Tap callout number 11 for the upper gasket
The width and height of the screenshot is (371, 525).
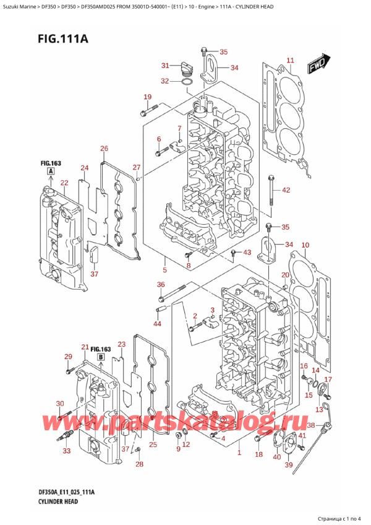point(291,60)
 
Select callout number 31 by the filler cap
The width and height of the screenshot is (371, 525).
point(165,66)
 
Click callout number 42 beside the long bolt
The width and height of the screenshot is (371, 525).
point(286,190)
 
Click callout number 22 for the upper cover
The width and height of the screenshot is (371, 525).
point(64,183)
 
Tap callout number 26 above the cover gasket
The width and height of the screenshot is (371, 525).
point(104,149)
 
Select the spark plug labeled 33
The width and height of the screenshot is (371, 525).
point(64,440)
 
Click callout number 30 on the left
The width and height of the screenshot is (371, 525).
point(59,404)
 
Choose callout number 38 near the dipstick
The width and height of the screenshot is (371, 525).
point(311,425)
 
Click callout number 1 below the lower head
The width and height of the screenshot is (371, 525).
point(239,453)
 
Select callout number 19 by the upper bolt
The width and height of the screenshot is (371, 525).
point(147,97)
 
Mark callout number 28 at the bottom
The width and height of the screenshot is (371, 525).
point(140,464)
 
